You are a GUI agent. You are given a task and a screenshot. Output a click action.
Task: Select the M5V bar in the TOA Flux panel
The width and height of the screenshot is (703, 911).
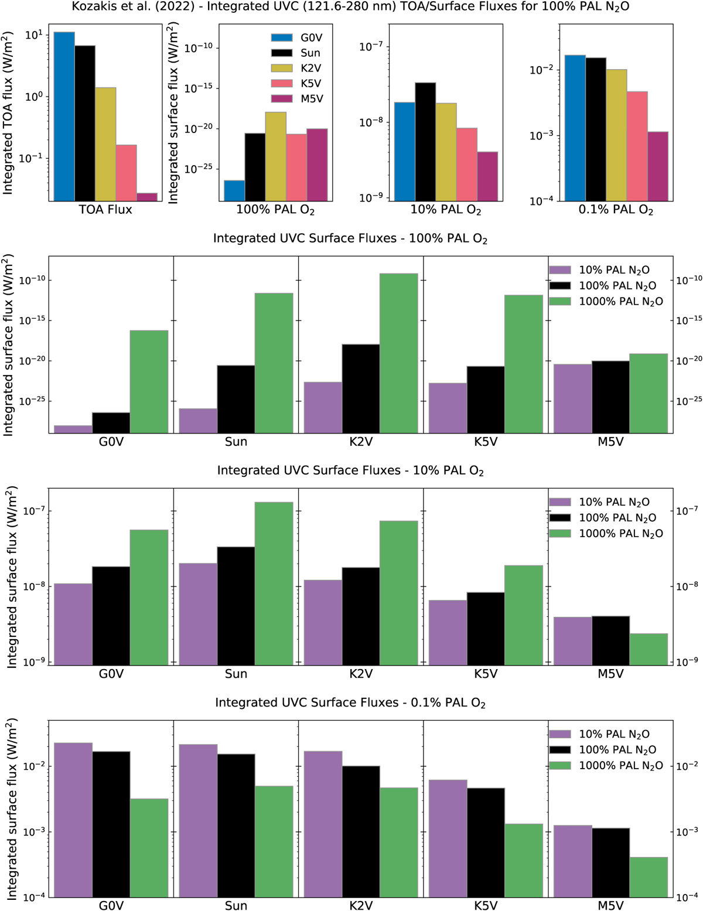(147, 197)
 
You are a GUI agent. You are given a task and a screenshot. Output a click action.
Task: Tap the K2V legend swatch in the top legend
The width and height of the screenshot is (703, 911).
(282, 68)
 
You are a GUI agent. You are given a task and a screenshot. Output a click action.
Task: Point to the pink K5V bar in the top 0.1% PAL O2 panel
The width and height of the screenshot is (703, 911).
(637, 146)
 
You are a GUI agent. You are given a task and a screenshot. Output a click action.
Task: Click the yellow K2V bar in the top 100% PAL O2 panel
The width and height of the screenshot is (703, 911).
(276, 156)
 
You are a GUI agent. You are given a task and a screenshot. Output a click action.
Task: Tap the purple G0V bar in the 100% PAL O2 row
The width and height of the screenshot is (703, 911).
(73, 429)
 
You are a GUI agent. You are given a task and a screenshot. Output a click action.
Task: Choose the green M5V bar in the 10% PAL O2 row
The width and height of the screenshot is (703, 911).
(649, 649)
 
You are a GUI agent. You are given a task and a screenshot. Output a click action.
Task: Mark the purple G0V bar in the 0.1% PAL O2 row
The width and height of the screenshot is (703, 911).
(73, 820)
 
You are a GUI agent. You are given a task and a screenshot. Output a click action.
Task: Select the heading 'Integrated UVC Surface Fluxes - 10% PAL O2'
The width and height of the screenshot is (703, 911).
(350, 470)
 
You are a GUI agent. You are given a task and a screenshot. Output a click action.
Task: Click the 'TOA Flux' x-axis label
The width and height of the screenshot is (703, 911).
(105, 210)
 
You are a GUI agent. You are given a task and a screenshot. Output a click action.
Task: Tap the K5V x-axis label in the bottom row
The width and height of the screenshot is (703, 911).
(486, 905)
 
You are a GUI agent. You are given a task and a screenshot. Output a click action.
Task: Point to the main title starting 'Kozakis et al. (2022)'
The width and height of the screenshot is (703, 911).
(350, 7)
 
